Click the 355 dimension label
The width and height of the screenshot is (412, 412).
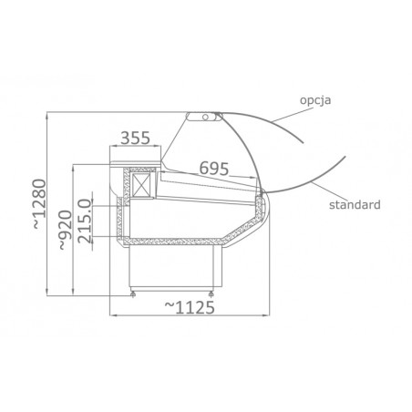pyautogui.click(x=135, y=138)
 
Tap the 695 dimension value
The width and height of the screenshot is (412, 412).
pyautogui.click(x=214, y=169)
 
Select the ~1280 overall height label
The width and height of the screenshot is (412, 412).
pyautogui.click(x=39, y=203)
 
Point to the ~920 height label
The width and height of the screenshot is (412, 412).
pyautogui.click(x=66, y=230)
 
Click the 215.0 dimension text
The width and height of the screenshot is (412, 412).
pyautogui.click(x=85, y=221)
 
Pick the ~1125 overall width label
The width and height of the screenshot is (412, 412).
pyautogui.click(x=190, y=307)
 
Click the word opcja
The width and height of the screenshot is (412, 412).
pyautogui.click(x=315, y=100)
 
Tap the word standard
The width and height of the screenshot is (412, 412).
pyautogui.click(x=355, y=204)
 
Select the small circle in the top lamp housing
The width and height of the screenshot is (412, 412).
pyautogui.click(x=205, y=117)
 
